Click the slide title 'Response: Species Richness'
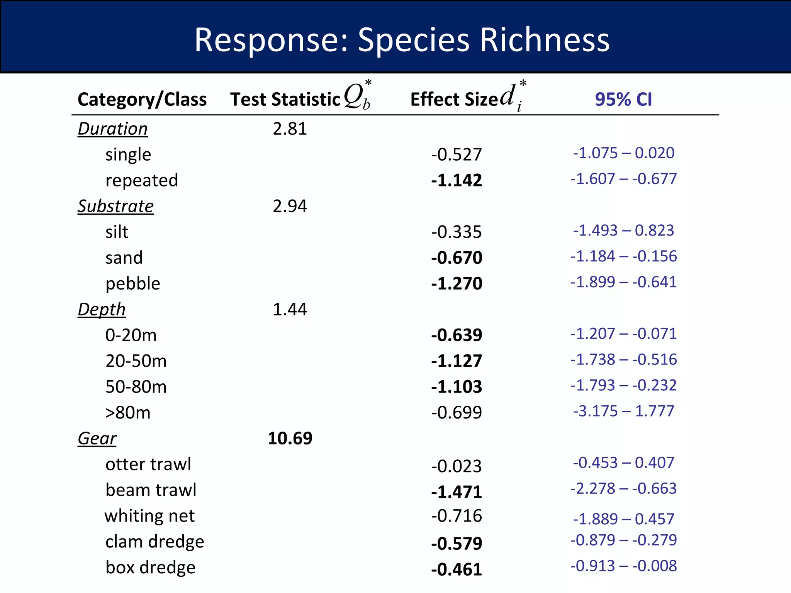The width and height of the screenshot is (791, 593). [402, 40]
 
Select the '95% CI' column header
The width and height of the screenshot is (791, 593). [623, 99]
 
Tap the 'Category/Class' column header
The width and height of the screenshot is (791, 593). [142, 99]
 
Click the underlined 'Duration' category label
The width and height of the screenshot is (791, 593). [112, 129]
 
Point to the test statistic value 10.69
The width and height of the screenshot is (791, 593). [290, 438]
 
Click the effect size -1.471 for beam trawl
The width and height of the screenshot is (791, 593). [457, 492]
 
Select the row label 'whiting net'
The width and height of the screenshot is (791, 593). [149, 516]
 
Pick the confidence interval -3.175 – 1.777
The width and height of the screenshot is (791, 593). [623, 411]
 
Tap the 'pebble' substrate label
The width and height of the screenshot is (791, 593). [132, 283]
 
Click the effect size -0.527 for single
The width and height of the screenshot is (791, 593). [457, 154]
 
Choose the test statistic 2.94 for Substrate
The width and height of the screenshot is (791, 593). [290, 206]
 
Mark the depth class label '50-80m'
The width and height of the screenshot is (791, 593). [136, 386]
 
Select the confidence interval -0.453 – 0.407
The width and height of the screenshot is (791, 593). [623, 463]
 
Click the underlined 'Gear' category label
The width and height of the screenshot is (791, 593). [97, 438]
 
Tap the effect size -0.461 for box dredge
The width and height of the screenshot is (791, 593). [457, 569]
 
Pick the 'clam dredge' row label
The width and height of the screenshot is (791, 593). [154, 542]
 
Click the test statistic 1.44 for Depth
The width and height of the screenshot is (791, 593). [290, 309]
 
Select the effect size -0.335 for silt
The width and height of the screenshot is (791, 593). [457, 232]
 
